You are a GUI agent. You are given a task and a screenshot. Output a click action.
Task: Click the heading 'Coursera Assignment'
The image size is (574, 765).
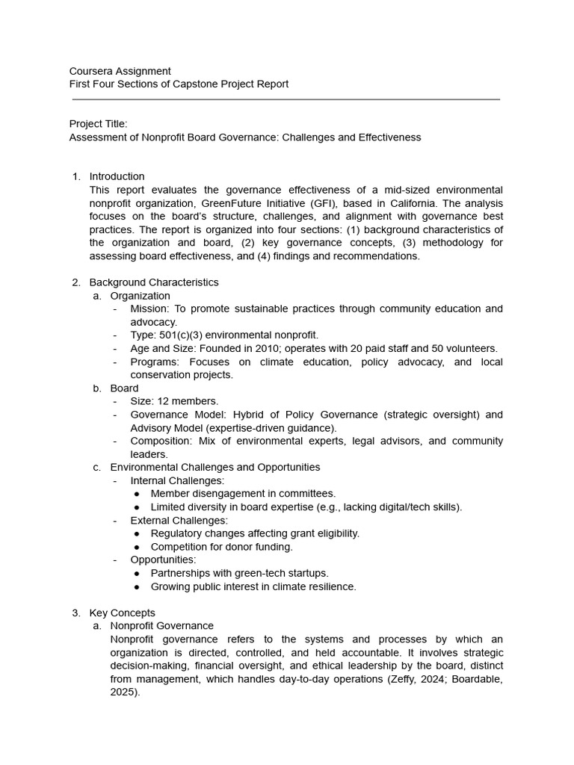120,71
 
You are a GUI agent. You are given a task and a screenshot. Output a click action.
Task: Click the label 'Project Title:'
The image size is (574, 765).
98,124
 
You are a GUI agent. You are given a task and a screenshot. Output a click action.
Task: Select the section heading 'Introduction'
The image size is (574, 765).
117,176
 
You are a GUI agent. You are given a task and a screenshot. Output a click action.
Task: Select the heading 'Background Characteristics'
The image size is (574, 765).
154,282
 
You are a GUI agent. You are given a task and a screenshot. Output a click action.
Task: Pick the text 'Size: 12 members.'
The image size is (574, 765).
174,401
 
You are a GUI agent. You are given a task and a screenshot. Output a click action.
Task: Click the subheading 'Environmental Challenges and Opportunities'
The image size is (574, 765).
215,467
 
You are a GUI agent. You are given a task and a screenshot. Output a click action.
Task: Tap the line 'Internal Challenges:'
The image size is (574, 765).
177,480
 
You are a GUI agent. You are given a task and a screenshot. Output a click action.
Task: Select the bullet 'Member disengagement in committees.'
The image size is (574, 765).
243,494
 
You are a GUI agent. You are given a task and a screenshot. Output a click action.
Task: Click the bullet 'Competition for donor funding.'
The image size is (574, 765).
221,547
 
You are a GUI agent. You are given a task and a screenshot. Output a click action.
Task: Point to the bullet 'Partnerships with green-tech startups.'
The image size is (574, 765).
239,573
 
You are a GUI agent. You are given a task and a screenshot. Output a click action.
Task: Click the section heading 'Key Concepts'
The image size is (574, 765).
123,613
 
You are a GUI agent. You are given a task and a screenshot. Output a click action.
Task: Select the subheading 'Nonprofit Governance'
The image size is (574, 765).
161,626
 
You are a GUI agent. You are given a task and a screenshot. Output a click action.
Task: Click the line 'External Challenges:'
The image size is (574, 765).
179,520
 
